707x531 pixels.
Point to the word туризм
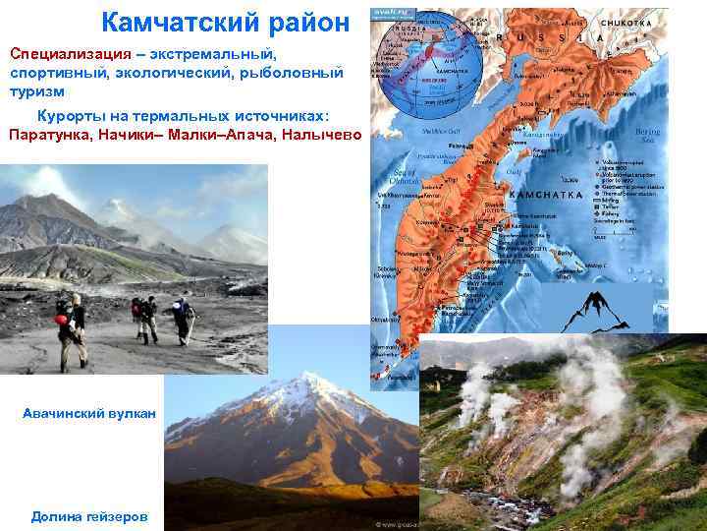click(x=37, y=90)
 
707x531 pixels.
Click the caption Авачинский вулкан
click(x=89, y=414)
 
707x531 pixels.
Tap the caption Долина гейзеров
click(x=90, y=515)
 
